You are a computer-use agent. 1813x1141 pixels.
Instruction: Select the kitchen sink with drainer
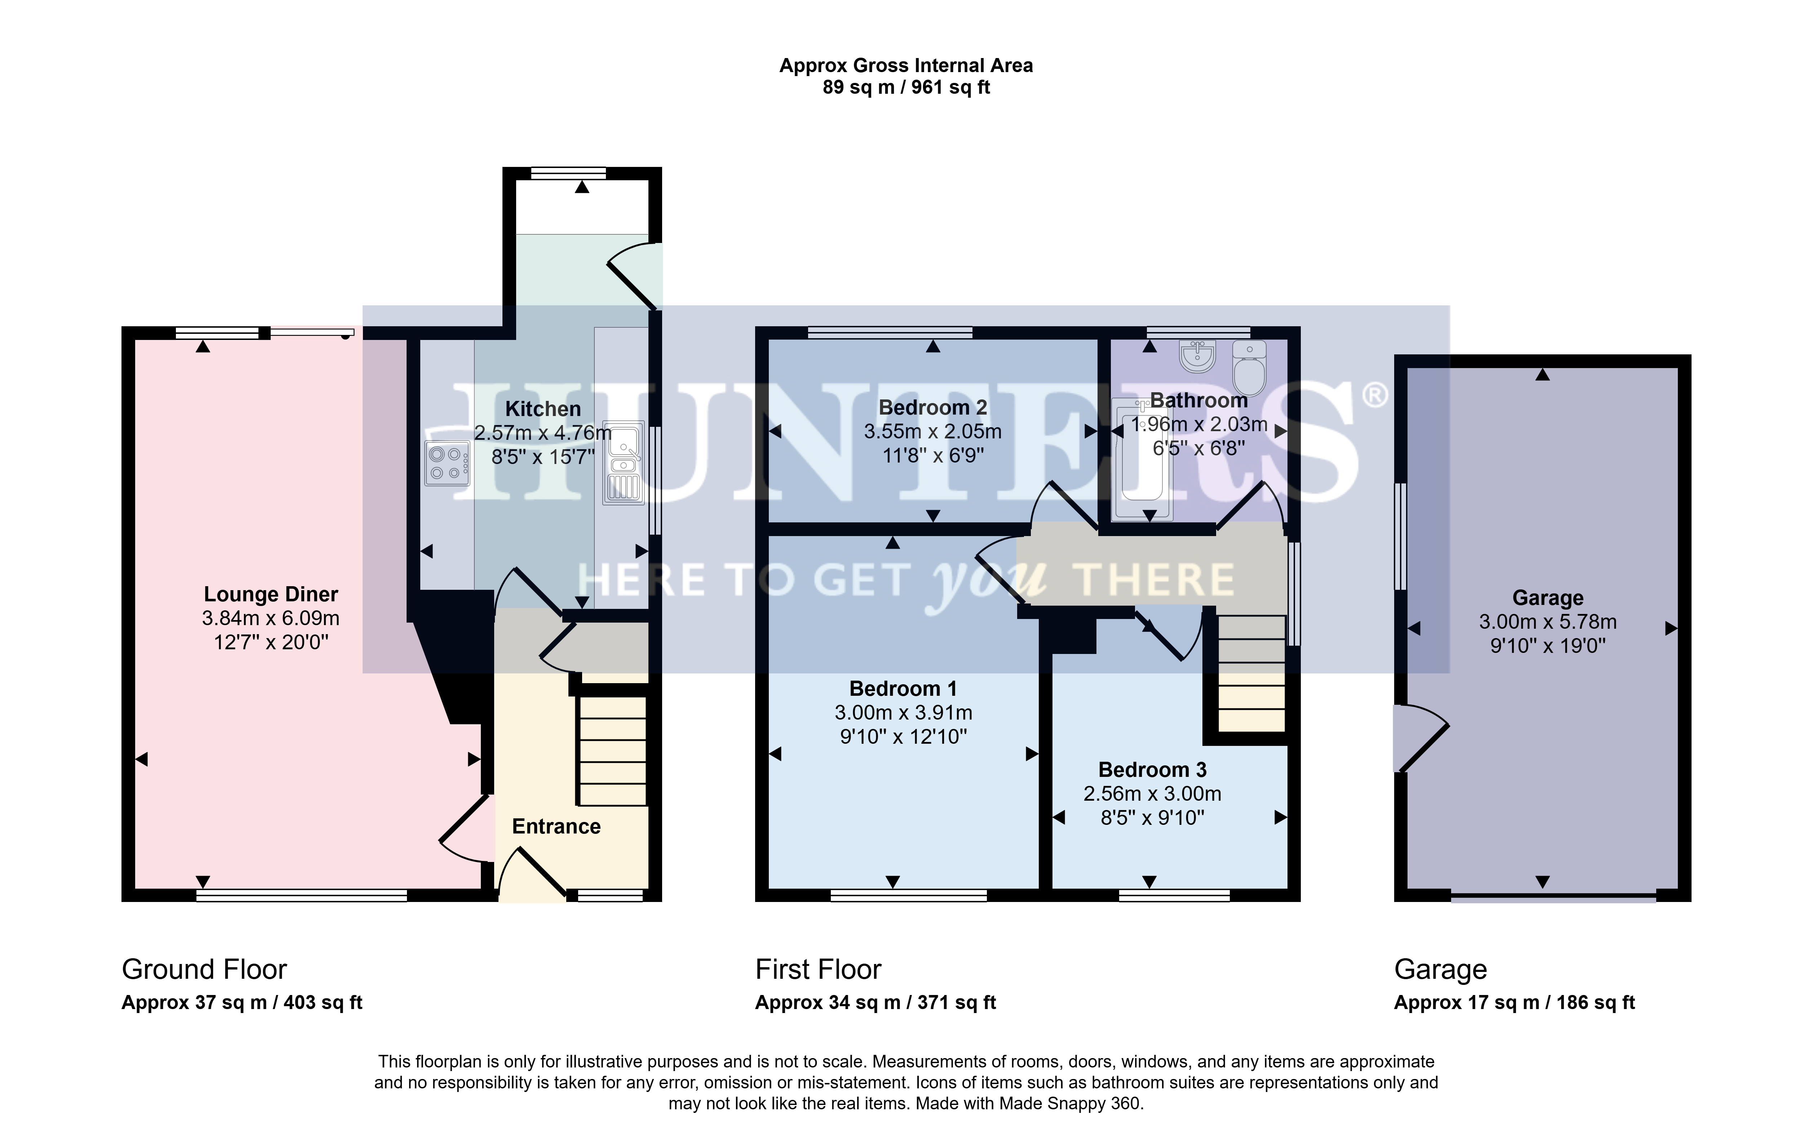624,463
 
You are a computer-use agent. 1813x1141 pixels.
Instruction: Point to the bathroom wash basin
1197,356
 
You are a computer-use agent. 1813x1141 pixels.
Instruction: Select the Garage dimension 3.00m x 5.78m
1548,622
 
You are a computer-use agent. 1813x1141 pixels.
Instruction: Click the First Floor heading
819,969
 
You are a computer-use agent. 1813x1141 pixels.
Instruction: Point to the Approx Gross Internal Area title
906,66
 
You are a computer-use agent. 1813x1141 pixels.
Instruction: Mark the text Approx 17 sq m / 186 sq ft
1514,1003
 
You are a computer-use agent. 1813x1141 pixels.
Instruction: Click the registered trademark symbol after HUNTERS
1375,395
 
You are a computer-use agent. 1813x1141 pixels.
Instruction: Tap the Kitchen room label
543,409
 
